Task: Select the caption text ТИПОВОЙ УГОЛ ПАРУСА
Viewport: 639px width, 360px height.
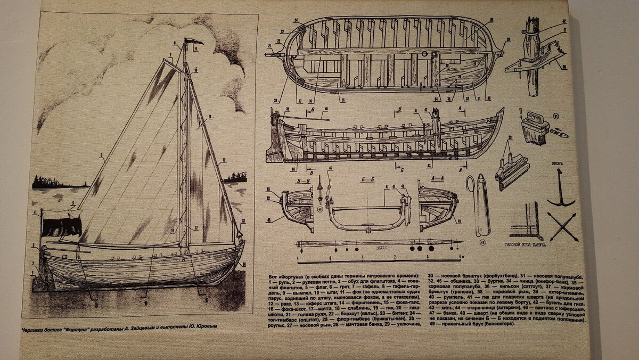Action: tap(536, 247)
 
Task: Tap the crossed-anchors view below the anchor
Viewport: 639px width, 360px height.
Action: tap(562, 226)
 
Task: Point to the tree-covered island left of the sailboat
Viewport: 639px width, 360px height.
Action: tap(59, 183)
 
